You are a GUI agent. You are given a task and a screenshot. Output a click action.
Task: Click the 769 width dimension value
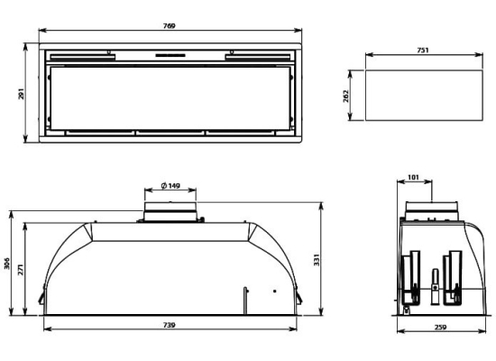point(170,25)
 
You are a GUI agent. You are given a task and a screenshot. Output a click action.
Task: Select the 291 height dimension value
point(21,94)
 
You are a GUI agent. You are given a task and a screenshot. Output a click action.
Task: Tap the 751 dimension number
point(423,50)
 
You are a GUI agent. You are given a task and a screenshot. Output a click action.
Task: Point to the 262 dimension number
point(345,97)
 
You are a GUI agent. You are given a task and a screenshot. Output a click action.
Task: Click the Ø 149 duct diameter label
point(170,186)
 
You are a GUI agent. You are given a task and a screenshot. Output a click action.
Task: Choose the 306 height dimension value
point(6,264)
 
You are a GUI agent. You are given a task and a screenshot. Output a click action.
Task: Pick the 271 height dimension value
point(21,269)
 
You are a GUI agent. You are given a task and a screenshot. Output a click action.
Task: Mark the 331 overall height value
point(317,260)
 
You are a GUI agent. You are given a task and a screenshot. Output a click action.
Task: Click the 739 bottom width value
point(170,325)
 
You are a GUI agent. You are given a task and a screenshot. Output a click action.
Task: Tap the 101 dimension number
point(413,177)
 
